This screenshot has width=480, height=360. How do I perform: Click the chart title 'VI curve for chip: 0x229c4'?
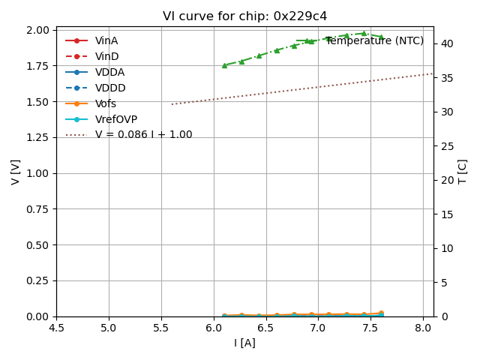[244, 16]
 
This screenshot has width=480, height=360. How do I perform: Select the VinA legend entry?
[106, 41]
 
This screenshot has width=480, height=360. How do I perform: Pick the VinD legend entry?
[106, 57]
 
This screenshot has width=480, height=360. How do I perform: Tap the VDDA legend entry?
[109, 73]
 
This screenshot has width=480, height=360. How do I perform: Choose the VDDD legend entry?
[110, 88]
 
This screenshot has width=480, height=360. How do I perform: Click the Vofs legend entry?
[106, 104]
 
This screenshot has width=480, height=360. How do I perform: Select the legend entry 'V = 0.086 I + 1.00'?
[143, 135]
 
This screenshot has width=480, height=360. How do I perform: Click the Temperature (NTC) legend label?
[374, 41]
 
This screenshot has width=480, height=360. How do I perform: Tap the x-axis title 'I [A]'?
[244, 343]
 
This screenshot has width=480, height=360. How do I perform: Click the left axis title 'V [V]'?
[16, 172]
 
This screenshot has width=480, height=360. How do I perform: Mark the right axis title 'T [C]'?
[463, 172]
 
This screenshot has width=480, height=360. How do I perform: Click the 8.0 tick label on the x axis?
[423, 328]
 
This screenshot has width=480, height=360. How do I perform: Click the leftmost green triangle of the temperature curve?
[224, 65]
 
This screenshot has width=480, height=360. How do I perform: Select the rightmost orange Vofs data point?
[381, 313]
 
